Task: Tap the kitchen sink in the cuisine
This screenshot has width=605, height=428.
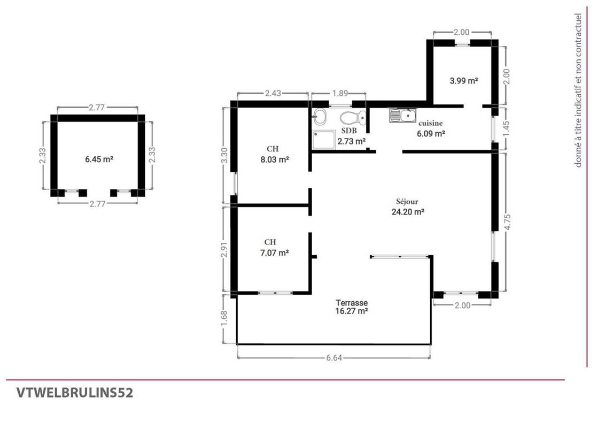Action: [402, 116]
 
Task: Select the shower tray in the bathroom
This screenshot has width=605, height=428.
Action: [323, 140]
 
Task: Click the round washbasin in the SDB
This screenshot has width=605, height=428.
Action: [320, 116]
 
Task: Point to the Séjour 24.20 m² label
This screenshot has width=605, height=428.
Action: [408, 207]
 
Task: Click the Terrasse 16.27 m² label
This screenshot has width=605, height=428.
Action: [352, 307]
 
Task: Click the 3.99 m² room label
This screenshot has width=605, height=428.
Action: [464, 81]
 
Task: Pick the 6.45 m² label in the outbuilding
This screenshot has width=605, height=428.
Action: [99, 159]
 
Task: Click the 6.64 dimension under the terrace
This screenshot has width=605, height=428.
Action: [334, 358]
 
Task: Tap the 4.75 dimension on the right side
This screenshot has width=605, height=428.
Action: [507, 222]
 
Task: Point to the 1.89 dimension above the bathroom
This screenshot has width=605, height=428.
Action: [340, 93]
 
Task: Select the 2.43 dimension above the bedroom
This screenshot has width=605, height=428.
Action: [273, 93]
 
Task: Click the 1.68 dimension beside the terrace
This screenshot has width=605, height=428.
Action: [224, 318]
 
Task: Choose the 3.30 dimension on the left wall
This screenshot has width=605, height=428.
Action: [224, 155]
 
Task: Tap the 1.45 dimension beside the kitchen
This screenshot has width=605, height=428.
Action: [507, 128]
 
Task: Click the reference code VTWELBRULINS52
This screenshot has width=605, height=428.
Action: [75, 393]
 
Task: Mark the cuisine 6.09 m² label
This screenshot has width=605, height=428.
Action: [431, 128]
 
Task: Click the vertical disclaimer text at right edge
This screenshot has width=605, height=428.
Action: [578, 90]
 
